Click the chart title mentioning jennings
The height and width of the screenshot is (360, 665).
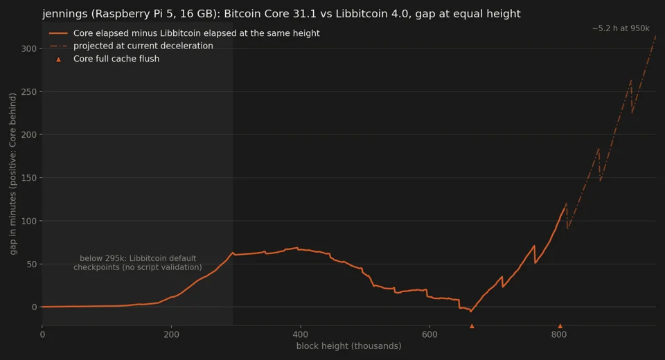(281, 14)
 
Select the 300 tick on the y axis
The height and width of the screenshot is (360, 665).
(29, 48)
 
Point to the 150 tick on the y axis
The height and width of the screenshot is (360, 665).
(29, 178)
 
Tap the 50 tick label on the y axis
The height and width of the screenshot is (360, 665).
(31, 264)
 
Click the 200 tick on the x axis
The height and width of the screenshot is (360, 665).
(171, 334)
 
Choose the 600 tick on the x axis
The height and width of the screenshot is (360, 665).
(429, 334)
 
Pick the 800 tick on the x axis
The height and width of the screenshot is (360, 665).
(559, 334)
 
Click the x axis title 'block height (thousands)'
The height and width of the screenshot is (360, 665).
(348, 346)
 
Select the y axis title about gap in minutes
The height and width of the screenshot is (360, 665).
(12, 174)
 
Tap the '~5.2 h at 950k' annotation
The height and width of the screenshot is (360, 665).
(621, 28)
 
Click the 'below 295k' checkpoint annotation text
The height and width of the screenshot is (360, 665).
(138, 262)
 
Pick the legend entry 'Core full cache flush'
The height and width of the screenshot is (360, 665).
(116, 59)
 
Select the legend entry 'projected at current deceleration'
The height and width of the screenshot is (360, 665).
(143, 46)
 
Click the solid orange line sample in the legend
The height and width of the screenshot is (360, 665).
(58, 33)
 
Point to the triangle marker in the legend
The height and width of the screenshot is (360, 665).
(58, 60)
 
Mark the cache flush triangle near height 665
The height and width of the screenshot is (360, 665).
(472, 325)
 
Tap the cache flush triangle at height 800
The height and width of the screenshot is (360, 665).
(560, 325)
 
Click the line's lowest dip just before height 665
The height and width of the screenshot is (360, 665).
(471, 312)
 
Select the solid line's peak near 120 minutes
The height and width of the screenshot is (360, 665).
(566, 203)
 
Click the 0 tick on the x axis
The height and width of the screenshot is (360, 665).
(42, 334)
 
